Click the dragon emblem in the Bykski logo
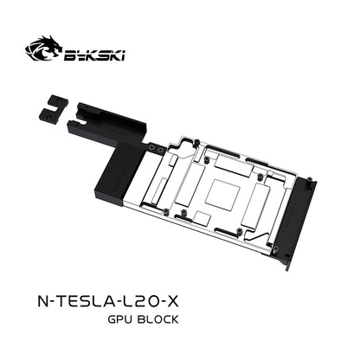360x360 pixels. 43,48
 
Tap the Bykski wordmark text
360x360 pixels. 94,55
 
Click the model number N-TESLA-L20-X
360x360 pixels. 108,301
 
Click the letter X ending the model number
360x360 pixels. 173,301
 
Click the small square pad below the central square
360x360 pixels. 202,218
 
